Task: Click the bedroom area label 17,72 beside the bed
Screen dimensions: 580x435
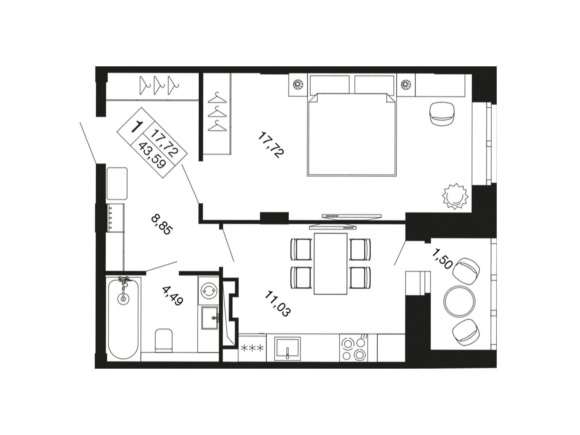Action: [x=271, y=145]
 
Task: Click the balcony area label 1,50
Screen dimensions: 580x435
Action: [x=442, y=259]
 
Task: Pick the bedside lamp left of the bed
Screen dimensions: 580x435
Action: [x=298, y=84]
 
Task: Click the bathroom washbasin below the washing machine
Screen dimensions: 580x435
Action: [x=210, y=318]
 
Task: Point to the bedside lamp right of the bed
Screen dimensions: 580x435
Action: [x=406, y=84]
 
